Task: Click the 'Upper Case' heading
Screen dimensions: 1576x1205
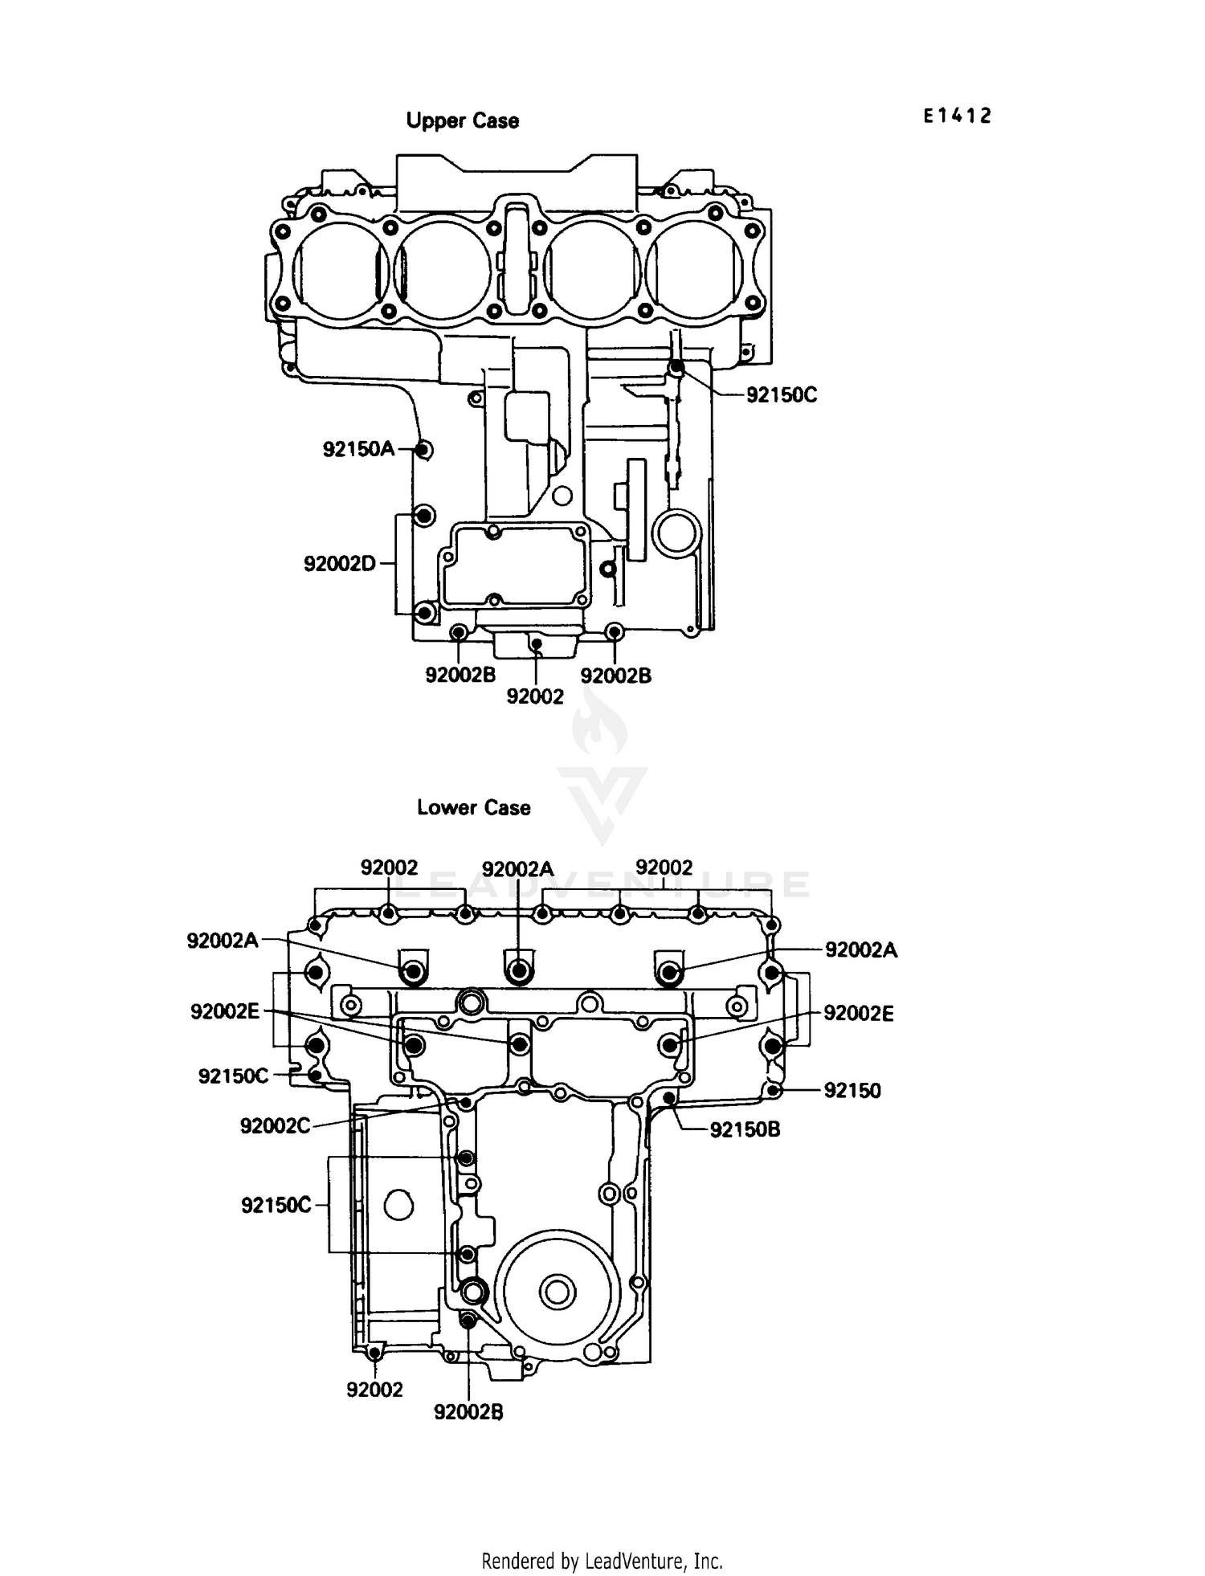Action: point(462,120)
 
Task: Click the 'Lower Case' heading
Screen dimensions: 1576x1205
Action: point(473,807)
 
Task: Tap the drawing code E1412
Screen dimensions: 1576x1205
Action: point(957,116)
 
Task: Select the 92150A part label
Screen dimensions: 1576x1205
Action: point(359,449)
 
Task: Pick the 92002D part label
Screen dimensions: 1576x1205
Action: point(340,564)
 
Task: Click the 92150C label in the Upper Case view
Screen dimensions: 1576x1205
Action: point(781,395)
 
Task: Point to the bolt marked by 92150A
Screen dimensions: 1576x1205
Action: point(424,450)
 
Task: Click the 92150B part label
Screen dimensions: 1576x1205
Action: point(745,1129)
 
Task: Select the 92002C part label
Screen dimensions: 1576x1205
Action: point(275,1126)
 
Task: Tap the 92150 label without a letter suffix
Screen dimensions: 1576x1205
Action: point(852,1091)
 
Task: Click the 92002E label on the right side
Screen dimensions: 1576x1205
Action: point(858,1014)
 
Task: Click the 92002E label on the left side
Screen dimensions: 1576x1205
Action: point(225,1011)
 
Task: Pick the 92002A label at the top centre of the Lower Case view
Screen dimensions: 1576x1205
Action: point(518,869)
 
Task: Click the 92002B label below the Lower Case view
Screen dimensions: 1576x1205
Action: point(468,1412)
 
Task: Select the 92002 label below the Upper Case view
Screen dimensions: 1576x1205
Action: point(535,696)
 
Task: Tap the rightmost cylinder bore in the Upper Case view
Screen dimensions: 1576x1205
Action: point(697,269)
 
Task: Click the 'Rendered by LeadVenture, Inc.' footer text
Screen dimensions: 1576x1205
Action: point(602,1561)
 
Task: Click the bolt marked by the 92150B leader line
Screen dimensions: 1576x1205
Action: point(668,1097)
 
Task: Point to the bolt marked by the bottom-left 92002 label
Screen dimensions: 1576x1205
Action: point(374,1353)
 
